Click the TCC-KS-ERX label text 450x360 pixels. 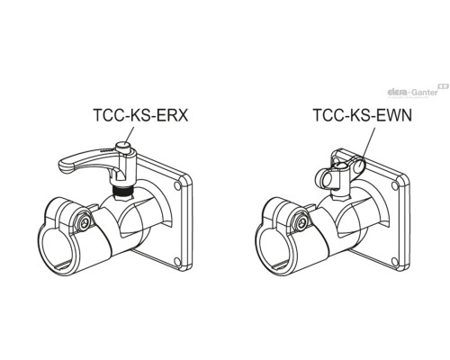(x=140, y=115)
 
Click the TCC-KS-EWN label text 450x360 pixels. (x=363, y=115)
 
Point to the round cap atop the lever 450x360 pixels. (x=126, y=146)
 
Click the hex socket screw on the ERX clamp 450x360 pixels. (x=85, y=222)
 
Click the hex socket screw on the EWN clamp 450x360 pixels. (x=301, y=222)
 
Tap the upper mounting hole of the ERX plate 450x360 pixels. (x=177, y=186)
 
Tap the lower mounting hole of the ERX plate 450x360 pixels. (x=177, y=261)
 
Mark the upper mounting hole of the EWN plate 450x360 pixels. (x=395, y=186)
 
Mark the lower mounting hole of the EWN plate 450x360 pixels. (x=395, y=261)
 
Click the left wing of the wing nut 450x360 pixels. (x=323, y=178)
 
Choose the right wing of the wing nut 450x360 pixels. (x=358, y=166)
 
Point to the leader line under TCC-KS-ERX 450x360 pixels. (x=130, y=134)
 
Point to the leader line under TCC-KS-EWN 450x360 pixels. (x=367, y=144)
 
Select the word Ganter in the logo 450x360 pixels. (x=425, y=92)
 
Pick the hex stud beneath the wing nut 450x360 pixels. (x=340, y=196)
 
